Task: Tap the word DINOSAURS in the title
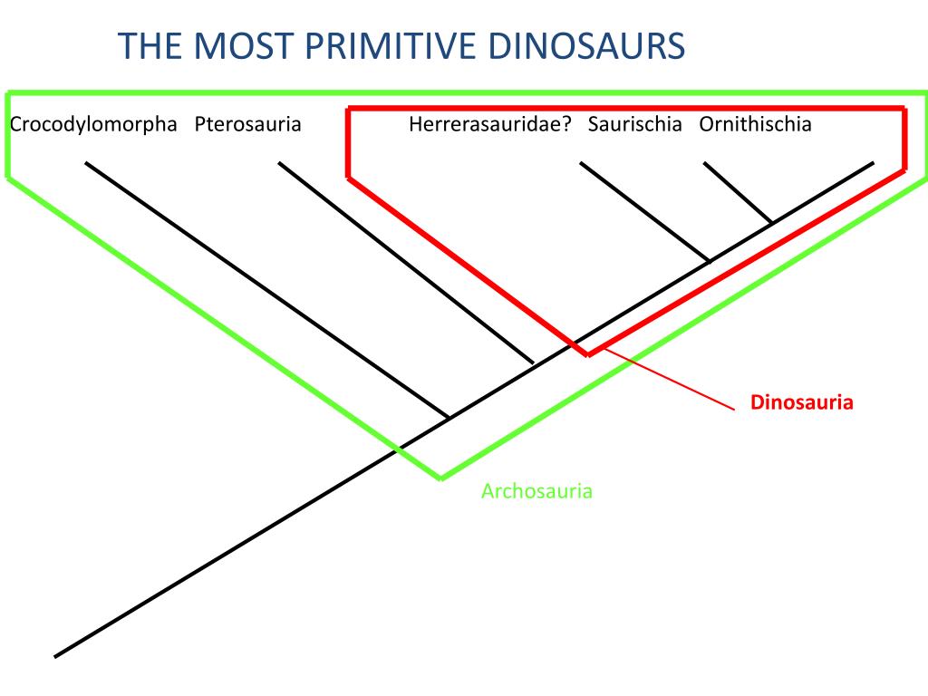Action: (x=580, y=46)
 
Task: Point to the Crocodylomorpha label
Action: (x=93, y=124)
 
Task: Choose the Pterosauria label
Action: (x=247, y=124)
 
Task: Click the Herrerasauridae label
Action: (x=485, y=124)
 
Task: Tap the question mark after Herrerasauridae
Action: (x=566, y=124)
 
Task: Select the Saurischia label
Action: (x=634, y=124)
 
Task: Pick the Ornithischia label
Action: (x=755, y=124)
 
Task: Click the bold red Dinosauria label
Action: (x=802, y=402)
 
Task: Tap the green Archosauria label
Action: (x=536, y=492)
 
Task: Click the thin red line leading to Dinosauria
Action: (x=671, y=382)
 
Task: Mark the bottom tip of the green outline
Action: (x=441, y=477)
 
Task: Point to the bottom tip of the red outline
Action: (x=588, y=354)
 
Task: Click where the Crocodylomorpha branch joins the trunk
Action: (x=449, y=418)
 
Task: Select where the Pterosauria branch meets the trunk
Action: (x=534, y=364)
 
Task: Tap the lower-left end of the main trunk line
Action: (x=56, y=656)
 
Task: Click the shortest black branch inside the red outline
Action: (x=738, y=192)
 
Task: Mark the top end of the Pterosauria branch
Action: (x=279, y=163)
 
